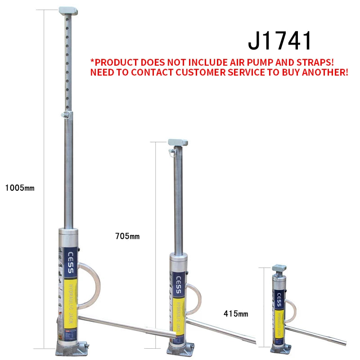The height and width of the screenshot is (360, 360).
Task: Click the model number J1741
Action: click(279, 41)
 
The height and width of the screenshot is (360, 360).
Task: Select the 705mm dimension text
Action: click(128, 236)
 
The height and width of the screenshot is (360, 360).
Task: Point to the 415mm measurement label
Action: click(235, 314)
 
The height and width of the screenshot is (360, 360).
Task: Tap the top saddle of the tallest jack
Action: click(68, 10)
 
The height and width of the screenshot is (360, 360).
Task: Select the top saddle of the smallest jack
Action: click(279, 268)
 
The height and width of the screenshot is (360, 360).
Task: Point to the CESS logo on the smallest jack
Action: click(280, 297)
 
